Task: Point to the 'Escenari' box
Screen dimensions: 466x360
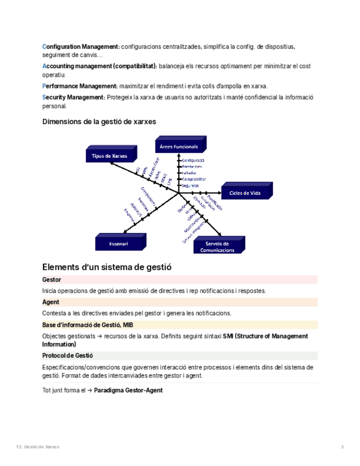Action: [119, 243]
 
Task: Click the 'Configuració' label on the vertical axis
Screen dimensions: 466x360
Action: [193, 160]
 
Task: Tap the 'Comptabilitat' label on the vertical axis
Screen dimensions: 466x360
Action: [194, 179]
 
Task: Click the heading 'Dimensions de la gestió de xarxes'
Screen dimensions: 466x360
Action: [99, 121]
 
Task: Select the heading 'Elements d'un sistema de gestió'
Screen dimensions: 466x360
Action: [107, 267]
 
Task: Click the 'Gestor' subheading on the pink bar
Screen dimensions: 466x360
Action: [52, 280]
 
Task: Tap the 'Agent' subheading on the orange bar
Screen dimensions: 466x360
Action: [51, 302]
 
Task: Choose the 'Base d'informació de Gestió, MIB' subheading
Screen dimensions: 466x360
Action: [87, 325]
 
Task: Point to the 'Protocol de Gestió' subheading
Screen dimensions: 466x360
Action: [68, 356]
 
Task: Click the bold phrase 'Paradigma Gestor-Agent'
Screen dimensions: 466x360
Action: [128, 390]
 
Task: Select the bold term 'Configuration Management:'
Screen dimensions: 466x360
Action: [81, 46]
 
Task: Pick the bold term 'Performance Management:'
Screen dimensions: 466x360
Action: [80, 86]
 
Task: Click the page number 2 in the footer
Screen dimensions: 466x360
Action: [342, 447]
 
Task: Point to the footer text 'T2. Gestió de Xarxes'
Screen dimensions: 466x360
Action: [37, 447]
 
